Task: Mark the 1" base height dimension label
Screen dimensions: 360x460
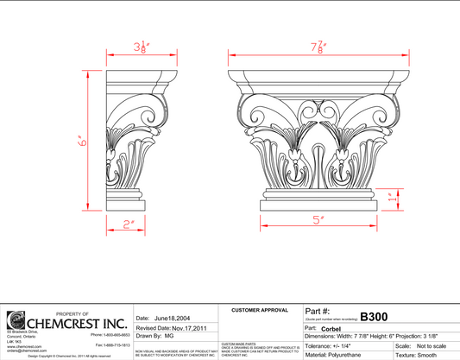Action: point(394,197)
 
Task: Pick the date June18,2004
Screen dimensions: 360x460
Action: point(172,319)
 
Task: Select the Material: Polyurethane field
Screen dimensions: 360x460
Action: point(339,355)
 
